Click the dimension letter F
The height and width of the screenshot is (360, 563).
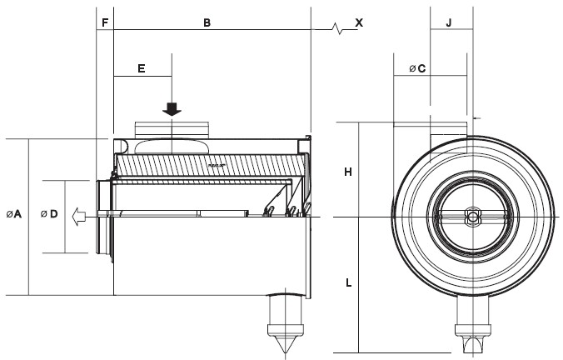(104, 22)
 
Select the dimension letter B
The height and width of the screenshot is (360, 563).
(207, 22)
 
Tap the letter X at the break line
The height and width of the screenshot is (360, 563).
(359, 22)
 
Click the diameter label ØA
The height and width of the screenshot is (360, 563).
(13, 215)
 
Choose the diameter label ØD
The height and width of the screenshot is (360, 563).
(48, 215)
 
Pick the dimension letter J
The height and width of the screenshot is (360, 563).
(448, 22)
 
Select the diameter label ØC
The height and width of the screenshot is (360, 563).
(417, 68)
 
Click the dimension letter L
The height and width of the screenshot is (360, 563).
(348, 283)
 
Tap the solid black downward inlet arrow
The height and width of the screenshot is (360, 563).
(172, 109)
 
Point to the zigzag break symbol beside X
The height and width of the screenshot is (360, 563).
(339, 30)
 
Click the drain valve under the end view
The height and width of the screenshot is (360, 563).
(472, 333)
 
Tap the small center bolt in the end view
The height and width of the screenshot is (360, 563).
(472, 217)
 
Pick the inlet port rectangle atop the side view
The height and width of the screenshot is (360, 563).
(172, 128)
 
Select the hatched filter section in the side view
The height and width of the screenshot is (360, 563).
(208, 167)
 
